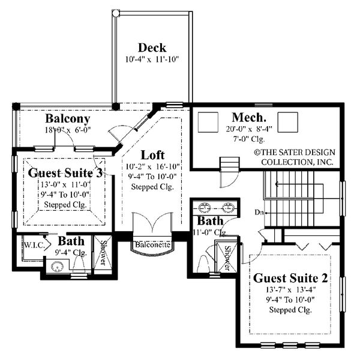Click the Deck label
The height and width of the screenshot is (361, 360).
pos(152,47)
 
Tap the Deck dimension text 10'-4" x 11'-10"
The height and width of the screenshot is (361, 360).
pos(152,59)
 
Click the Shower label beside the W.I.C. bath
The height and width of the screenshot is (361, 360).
pos(103,252)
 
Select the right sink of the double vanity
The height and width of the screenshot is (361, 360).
pos(229,210)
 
